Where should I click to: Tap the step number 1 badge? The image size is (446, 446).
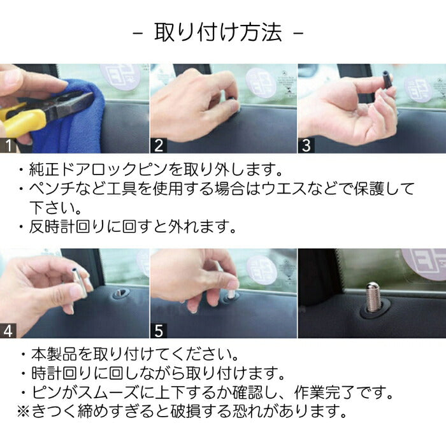pos(9,145)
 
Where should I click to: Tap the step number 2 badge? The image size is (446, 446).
pos(159,145)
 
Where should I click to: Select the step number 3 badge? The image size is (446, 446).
pos(306,145)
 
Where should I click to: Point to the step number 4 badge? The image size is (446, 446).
pos(9,331)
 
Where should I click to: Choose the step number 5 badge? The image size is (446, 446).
pos(159,331)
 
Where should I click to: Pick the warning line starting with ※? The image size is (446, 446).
pos(182,411)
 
